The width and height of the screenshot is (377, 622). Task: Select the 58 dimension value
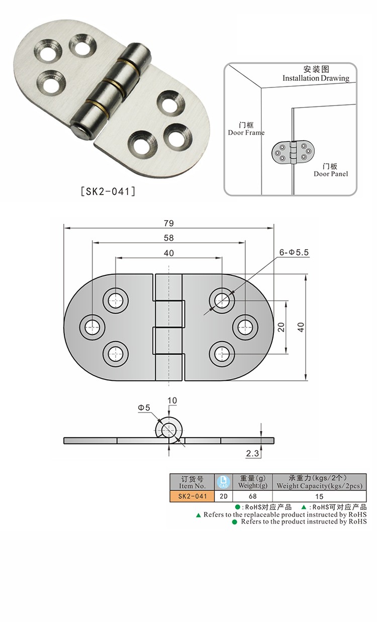168,238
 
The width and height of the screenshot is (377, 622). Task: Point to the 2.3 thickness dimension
252,454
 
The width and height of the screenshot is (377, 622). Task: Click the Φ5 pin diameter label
144,407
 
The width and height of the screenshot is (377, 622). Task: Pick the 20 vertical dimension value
281,327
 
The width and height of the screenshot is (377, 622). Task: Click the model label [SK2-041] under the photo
108,191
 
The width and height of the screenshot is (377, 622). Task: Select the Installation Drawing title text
316,78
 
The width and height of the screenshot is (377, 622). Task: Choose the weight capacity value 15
320,496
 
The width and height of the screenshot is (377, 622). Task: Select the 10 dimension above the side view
172,400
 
